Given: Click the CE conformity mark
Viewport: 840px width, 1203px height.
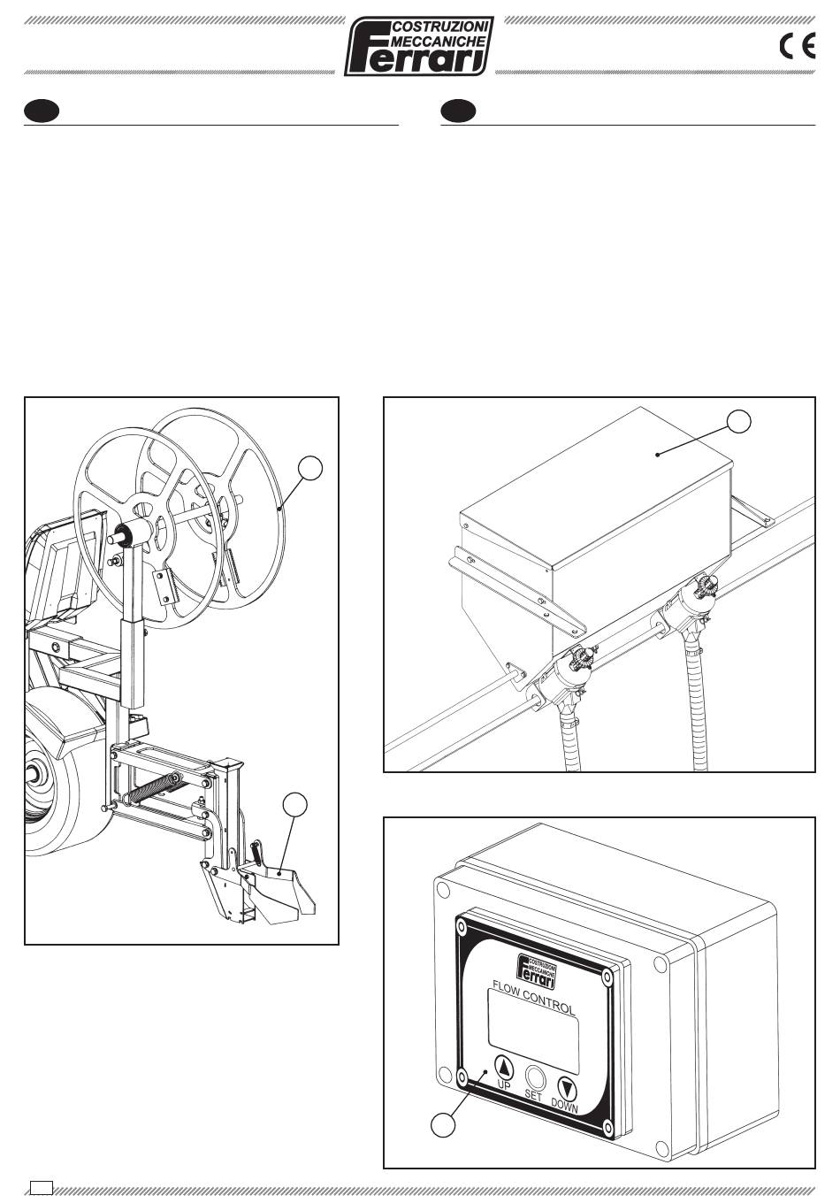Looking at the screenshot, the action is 798,46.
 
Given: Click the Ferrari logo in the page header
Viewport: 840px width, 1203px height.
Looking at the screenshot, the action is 418,46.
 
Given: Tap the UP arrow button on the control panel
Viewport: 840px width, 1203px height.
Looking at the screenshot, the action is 503,1066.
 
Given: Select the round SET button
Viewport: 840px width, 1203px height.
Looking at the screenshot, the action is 534,1076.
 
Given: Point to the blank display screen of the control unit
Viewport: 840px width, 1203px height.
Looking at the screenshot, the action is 533,1039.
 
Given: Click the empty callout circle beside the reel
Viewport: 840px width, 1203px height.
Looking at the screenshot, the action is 310,468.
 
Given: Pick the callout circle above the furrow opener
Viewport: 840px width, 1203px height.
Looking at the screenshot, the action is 295,804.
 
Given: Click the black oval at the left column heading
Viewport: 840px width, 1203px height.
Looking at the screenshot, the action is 42,111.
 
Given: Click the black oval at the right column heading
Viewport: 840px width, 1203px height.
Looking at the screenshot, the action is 458,111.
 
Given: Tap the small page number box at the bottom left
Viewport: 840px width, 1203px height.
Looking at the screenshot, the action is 42,1187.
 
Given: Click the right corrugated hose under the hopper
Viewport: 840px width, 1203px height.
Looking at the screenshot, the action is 694,706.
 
